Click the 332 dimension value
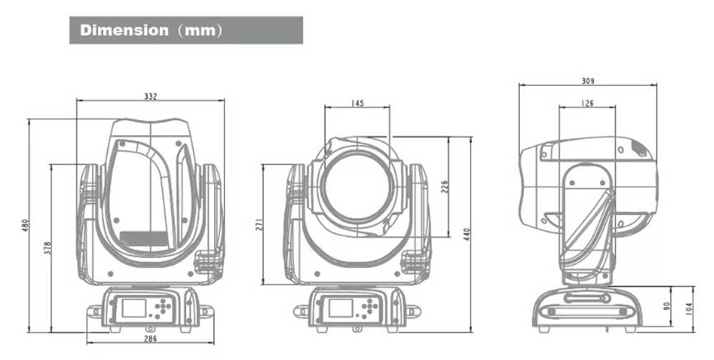[x=150, y=96]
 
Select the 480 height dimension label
[x=26, y=225]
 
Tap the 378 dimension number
[x=48, y=247]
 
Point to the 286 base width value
[x=150, y=339]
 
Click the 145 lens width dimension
[x=358, y=104]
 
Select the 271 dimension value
[x=259, y=224]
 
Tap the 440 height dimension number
[x=466, y=234]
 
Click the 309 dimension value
[x=588, y=81]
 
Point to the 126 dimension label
[x=588, y=104]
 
